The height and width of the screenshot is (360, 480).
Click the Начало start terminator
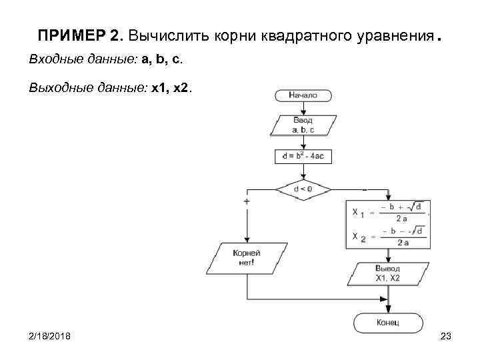(303, 95)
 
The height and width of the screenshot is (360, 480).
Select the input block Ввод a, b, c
(303, 125)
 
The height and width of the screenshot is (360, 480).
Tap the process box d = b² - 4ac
(303, 157)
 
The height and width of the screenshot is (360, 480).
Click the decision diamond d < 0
(303, 189)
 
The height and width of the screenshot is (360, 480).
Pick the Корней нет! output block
(247, 258)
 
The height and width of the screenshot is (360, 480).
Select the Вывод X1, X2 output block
(388, 273)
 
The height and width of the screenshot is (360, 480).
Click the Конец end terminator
(388, 323)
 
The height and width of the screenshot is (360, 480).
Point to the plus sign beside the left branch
(247, 200)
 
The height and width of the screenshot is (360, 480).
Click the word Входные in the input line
(55, 60)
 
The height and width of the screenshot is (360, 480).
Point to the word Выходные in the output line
(59, 87)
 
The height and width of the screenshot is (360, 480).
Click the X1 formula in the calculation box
(389, 213)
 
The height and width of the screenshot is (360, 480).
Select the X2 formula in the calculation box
(389, 236)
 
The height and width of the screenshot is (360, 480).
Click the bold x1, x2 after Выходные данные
(171, 87)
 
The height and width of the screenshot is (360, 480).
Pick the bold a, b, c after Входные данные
(160, 60)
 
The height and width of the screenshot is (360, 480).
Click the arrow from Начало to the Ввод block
(303, 108)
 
